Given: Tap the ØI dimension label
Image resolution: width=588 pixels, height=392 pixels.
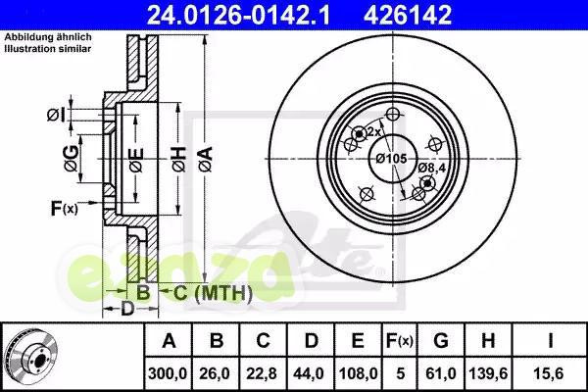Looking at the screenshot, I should tap(56, 117).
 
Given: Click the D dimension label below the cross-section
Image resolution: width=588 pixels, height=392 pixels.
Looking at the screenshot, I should tap(127, 310).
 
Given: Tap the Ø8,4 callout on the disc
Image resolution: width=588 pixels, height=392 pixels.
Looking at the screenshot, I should tap(430, 168).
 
